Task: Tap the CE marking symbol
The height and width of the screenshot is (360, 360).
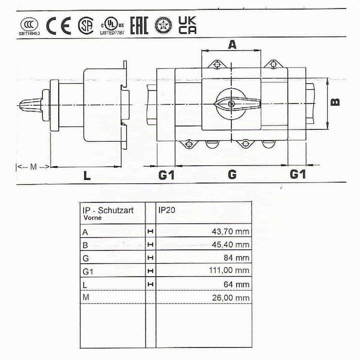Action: point(59,26)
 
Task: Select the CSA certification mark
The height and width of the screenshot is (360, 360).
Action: point(86,25)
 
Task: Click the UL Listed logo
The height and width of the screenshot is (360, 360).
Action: point(112,26)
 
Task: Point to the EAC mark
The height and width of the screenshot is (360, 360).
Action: point(139,25)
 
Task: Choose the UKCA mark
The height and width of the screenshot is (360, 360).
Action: point(187,25)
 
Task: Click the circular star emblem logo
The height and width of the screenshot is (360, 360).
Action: point(163,25)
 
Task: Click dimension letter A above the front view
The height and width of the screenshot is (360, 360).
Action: point(232,45)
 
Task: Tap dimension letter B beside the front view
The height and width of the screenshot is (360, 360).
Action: point(335,102)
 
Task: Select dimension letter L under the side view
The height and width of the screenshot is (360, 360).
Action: point(87,176)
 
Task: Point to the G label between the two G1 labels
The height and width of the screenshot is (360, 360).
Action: point(232,174)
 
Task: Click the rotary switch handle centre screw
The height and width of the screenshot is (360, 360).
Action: point(231,104)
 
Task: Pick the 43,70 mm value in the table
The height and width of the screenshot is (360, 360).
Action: point(230,231)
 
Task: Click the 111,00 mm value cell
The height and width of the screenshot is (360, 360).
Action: point(229,270)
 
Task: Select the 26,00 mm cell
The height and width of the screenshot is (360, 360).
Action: point(231,298)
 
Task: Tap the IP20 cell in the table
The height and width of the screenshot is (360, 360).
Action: point(167,210)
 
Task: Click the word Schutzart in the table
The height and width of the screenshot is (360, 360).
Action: point(116,210)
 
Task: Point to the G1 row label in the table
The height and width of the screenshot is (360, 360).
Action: point(88,272)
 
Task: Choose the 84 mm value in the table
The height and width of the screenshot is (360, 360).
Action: point(236,258)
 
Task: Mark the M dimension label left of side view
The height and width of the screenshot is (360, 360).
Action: point(34,167)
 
